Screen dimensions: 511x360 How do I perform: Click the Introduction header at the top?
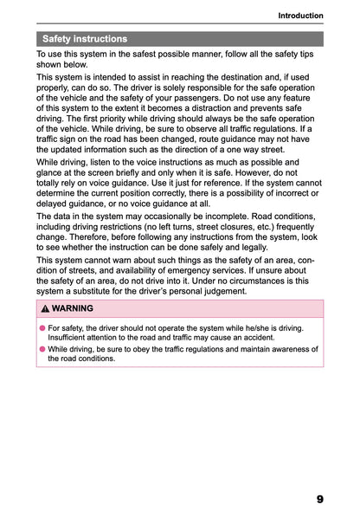click(x=300, y=16)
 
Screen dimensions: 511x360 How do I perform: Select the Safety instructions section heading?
click(x=84, y=39)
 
